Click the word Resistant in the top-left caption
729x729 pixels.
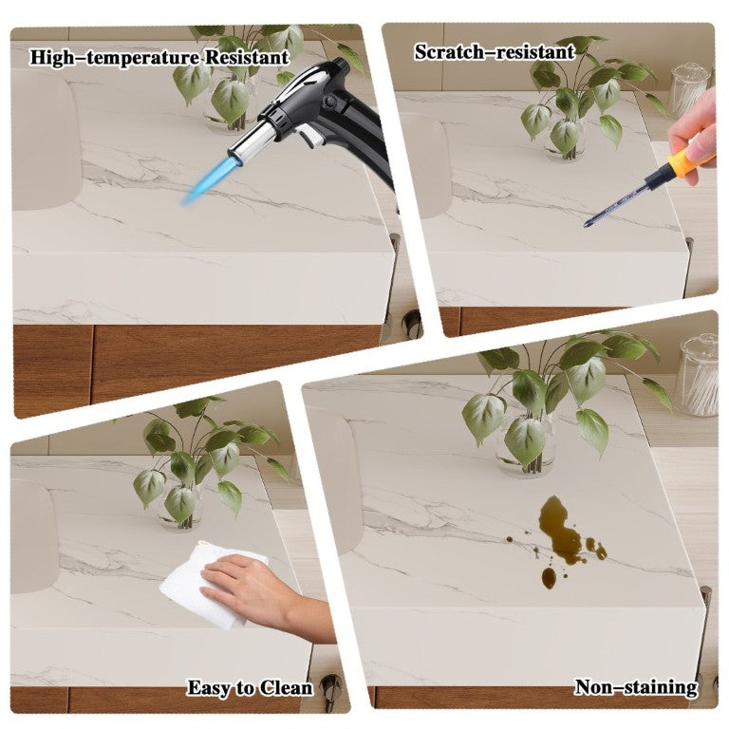[247, 58]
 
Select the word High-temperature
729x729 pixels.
[115, 58]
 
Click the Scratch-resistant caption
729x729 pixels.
[495, 51]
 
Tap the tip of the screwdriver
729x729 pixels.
[586, 226]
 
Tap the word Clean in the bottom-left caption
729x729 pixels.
[286, 688]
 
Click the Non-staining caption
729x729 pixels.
[636, 687]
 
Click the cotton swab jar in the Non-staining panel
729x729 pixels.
[698, 376]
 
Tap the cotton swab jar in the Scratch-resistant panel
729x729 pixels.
[689, 91]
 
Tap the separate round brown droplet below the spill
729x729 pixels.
[549, 578]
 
